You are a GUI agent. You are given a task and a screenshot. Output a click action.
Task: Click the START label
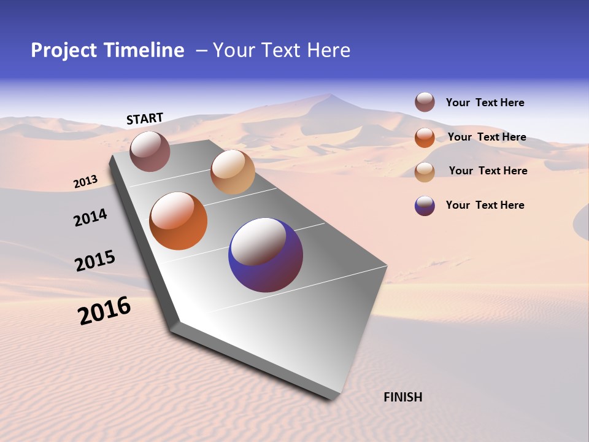coord(145,118)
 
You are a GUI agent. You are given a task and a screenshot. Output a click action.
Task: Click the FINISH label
coord(402,397)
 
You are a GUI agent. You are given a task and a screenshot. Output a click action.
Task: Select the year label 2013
coord(85,182)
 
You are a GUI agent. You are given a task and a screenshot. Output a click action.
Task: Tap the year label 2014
coord(90,217)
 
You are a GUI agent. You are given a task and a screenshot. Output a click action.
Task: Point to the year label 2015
coord(94,260)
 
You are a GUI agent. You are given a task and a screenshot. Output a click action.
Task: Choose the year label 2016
coord(104,311)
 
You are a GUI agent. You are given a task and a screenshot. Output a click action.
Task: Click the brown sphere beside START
coord(150,151)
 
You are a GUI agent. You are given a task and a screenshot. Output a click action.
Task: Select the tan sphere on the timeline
coord(233,172)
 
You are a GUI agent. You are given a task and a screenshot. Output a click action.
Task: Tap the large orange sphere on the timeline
coord(178,221)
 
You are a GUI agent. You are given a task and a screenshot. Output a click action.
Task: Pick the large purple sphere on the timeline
coord(265,255)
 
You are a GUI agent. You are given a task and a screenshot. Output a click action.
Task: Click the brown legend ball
coord(425,102)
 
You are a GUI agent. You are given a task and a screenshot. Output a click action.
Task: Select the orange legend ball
coord(425,137)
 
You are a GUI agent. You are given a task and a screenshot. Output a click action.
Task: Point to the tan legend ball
coord(425,171)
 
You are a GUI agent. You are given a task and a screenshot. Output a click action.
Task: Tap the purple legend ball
coord(425,206)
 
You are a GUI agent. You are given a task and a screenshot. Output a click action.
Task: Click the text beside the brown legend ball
coord(485,103)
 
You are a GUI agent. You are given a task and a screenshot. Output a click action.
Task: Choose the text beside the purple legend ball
coord(485,205)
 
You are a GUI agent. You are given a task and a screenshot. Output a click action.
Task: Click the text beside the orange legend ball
coord(487,137)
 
